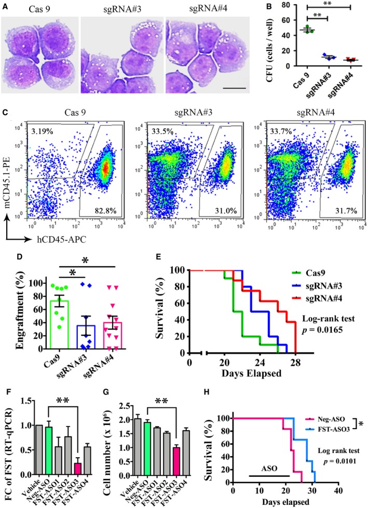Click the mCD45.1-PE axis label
click(11, 187)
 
